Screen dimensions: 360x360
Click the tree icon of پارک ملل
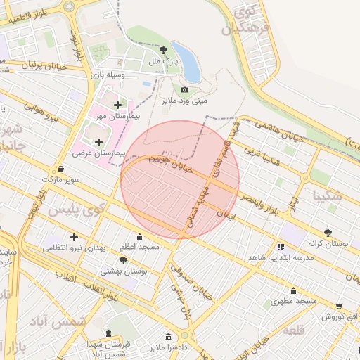pos(164,50)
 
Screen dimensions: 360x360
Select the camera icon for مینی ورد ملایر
pos(184,89)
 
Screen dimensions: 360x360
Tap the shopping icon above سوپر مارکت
pos(61,169)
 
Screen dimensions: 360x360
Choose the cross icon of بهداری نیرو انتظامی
pos(73,237)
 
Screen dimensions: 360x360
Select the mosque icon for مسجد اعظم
pos(139,237)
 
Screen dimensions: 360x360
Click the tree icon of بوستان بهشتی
pos(123,260)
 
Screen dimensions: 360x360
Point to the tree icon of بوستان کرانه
pos(328,233)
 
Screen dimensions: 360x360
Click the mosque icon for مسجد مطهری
pos(293,290)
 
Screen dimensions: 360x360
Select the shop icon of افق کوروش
pos(340,307)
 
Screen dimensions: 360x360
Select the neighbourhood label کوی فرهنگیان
pos(239,20)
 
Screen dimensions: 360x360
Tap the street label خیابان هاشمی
pos(279,130)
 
